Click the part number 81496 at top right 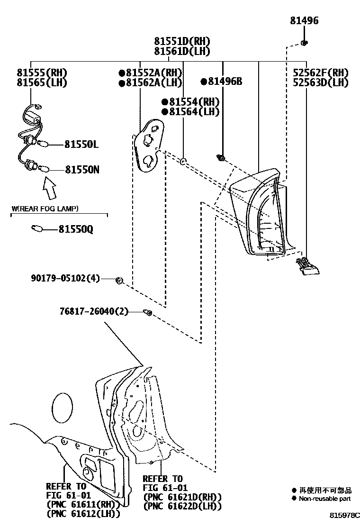click(304, 21)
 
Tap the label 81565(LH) click(42, 83)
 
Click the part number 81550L click(81, 145)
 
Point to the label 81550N click(82, 169)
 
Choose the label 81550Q click(76, 229)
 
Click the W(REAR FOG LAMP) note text click(45, 209)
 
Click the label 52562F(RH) click(320, 73)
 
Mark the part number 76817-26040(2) click(94, 311)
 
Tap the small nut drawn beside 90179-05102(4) click(119, 281)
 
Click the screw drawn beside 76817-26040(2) click(147, 312)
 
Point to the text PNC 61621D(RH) click(182, 497)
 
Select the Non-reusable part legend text click(324, 499)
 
